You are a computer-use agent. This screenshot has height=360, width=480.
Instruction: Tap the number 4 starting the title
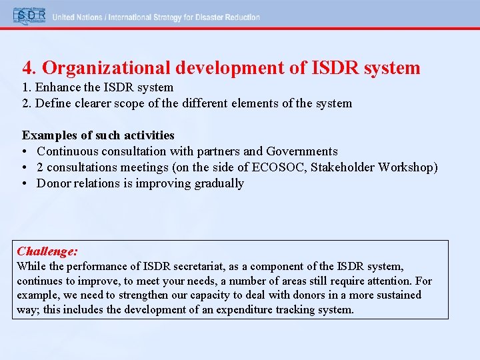tap(27, 68)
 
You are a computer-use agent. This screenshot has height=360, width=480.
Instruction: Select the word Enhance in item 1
tap(56, 87)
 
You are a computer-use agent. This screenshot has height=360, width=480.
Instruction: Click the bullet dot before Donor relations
tap(25, 183)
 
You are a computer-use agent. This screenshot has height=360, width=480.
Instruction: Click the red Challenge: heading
tap(47, 251)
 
